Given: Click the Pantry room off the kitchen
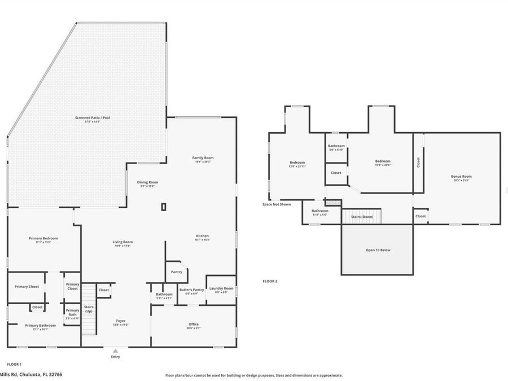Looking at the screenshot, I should coord(176,272).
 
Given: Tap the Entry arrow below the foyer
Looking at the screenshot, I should coord(116,351).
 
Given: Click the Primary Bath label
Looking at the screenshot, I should coord(72,313).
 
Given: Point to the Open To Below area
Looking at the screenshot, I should coord(378,250).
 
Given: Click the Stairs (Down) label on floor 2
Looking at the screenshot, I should coord(362,217).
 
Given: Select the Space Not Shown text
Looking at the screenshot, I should coord(276,204).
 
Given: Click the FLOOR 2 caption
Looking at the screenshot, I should coord(270,281).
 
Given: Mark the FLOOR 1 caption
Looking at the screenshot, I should coord(14,365).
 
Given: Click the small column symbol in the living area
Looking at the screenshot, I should coord(164,207).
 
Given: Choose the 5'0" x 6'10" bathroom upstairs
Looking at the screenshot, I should coord(336,147).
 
